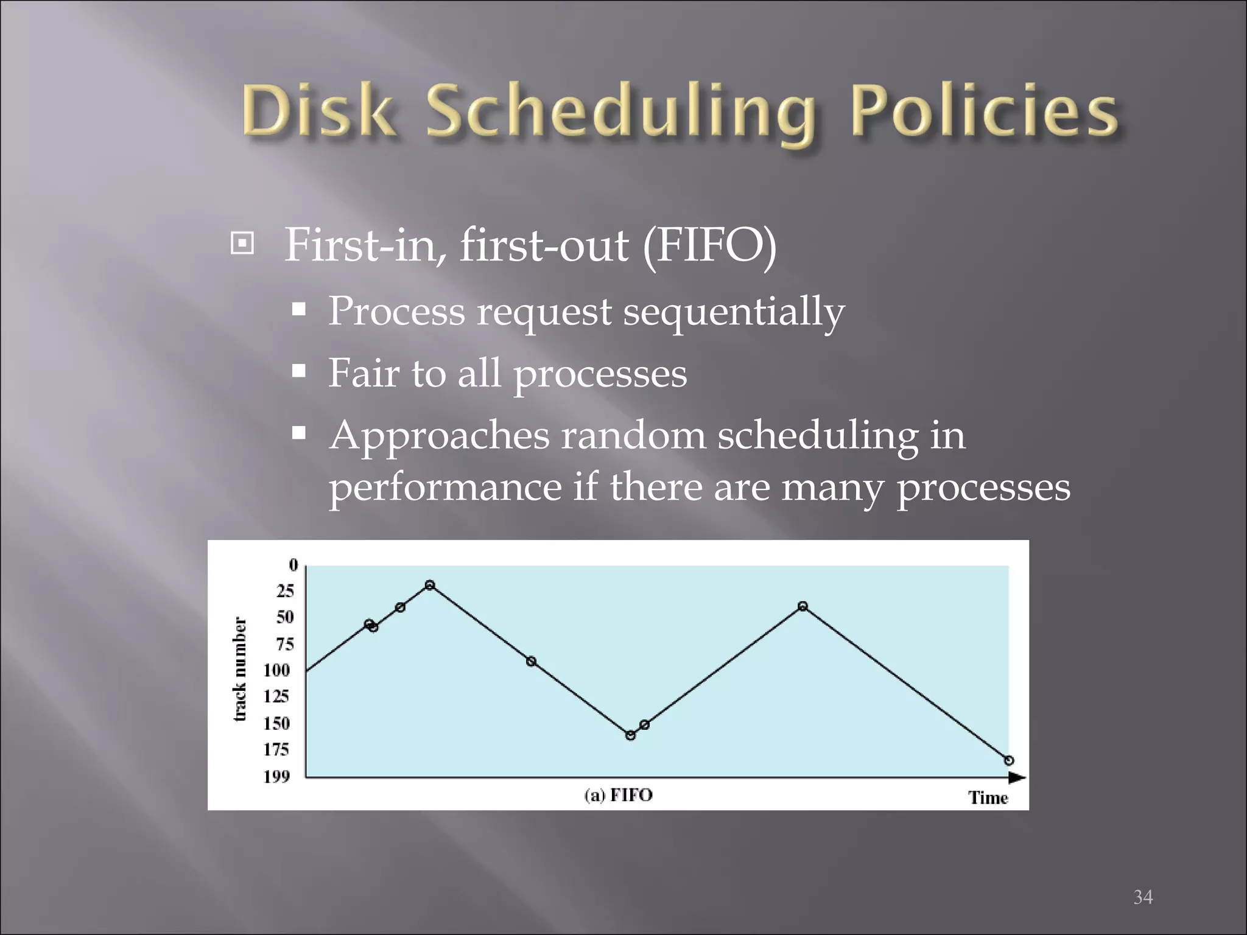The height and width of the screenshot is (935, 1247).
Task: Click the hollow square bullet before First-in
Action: pyautogui.click(x=242, y=244)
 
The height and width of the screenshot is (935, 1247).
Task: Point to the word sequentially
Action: pyautogui.click(x=733, y=312)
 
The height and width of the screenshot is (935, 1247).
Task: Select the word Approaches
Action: pyautogui.click(x=439, y=436)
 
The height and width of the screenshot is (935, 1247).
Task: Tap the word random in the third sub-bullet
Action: pyautogui.click(x=633, y=436)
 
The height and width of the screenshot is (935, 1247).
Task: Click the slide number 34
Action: pyautogui.click(x=1142, y=896)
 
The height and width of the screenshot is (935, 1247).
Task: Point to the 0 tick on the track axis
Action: pyautogui.click(x=293, y=565)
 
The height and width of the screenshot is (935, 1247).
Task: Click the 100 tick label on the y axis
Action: pyautogui.click(x=276, y=670)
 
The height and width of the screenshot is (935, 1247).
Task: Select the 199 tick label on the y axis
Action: pyautogui.click(x=276, y=776)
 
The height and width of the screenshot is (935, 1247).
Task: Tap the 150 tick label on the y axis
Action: pyautogui.click(x=276, y=723)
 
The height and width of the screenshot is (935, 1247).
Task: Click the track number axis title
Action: pyautogui.click(x=241, y=670)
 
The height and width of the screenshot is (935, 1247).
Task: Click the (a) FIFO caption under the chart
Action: pyautogui.click(x=618, y=795)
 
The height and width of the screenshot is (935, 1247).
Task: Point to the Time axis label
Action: pyautogui.click(x=988, y=797)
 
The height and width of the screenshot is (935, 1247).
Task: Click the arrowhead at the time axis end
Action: pyautogui.click(x=1016, y=777)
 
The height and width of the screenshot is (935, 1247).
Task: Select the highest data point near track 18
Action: pyautogui.click(x=430, y=585)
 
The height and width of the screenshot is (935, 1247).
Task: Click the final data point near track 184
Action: pyautogui.click(x=1009, y=760)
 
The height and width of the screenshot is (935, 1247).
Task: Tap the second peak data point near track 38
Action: pyautogui.click(x=803, y=606)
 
